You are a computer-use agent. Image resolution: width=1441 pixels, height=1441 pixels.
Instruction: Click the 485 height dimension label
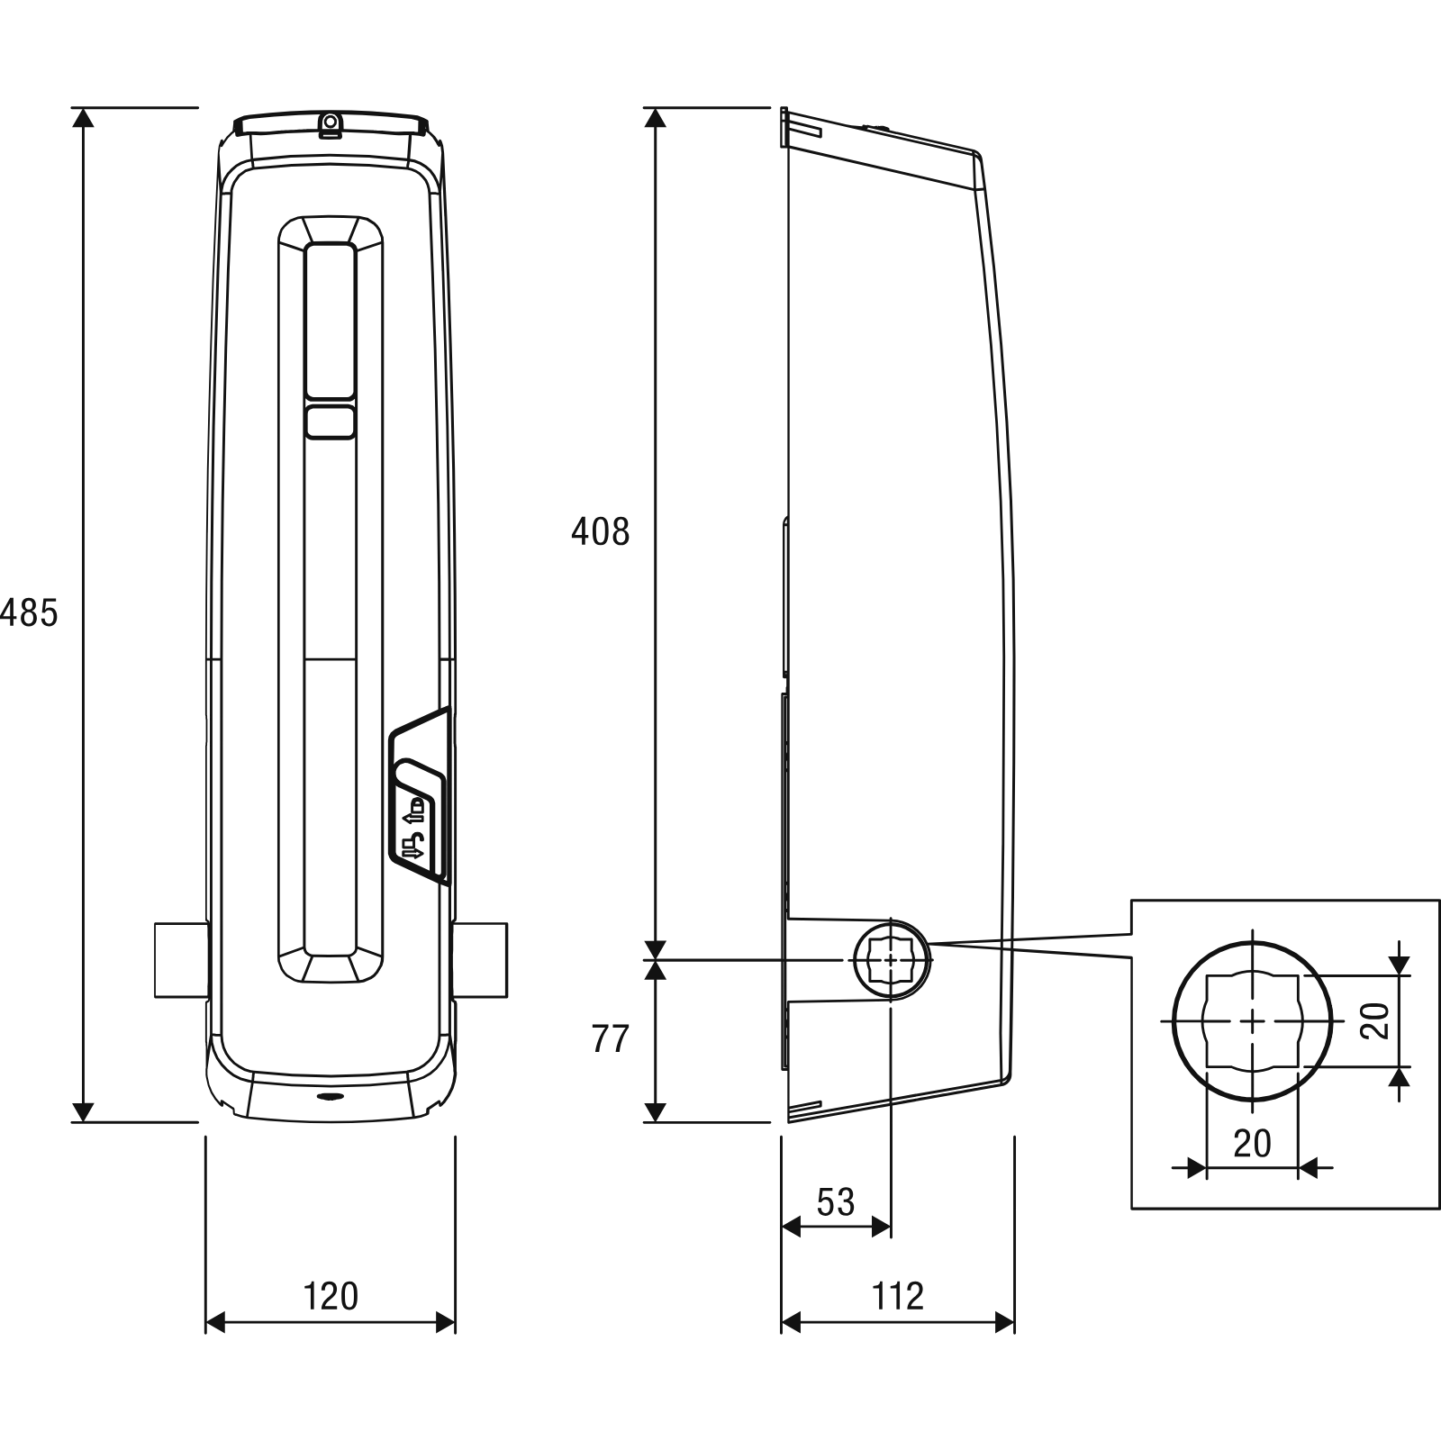(29, 612)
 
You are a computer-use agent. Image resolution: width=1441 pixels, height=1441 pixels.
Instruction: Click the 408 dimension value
(601, 532)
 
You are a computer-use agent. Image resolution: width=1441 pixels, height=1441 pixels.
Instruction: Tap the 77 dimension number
(610, 1039)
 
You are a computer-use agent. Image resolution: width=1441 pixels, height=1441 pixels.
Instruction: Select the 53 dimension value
(835, 1202)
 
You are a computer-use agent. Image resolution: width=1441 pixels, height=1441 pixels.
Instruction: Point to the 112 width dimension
(898, 1296)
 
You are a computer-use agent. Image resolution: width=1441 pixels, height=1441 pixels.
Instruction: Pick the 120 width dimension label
(331, 1296)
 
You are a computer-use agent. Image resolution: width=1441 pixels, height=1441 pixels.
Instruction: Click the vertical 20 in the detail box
(1375, 1020)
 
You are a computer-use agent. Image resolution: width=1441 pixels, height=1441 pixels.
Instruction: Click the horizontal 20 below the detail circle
(1252, 1143)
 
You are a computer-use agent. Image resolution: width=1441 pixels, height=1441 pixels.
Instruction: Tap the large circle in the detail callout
(1173, 1021)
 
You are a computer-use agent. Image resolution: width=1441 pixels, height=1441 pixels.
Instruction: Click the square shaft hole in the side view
(891, 960)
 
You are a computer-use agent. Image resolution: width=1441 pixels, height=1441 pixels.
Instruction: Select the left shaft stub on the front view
(181, 959)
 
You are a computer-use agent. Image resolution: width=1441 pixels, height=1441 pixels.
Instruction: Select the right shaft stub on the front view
(481, 959)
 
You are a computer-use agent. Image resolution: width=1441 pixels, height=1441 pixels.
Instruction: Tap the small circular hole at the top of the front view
(331, 121)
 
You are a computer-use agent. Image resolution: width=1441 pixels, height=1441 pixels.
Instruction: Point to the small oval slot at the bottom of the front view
(330, 1098)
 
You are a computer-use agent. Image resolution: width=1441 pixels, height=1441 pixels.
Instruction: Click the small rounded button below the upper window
(331, 422)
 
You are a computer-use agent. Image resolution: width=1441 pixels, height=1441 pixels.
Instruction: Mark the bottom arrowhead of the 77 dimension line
(657, 1112)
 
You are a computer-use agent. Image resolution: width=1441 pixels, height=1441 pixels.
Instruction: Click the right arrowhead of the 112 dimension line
(1004, 1322)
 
